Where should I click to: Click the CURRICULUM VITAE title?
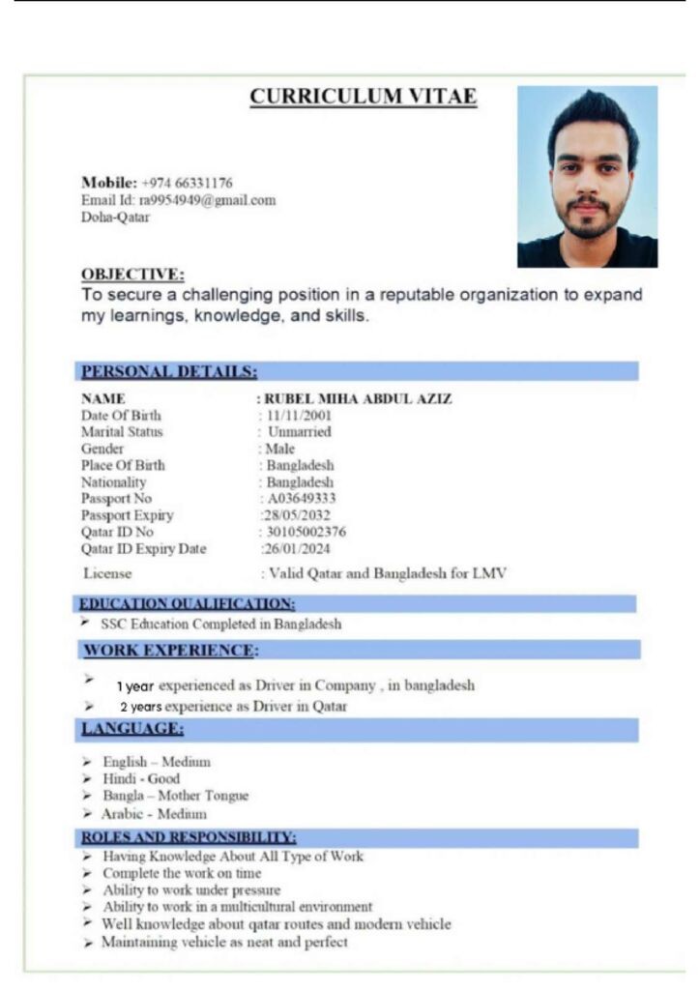coord(363,97)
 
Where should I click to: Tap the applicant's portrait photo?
coord(587,177)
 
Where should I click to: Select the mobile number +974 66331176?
coord(187,183)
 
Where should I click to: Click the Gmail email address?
coord(207,200)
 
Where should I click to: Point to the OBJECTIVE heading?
coord(132,275)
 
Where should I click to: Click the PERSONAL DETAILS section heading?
coord(169,371)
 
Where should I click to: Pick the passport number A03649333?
coord(302,499)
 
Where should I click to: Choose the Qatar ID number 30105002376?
coord(306,532)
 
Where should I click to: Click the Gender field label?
coord(102,449)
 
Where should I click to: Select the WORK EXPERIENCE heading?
coord(171,650)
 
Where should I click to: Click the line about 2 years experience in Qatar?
coord(240,707)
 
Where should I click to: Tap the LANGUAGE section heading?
coord(132,728)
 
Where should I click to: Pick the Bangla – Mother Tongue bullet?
coord(175,796)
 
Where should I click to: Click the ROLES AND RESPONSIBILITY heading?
coord(189,837)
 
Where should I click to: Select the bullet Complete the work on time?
coord(182,873)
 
